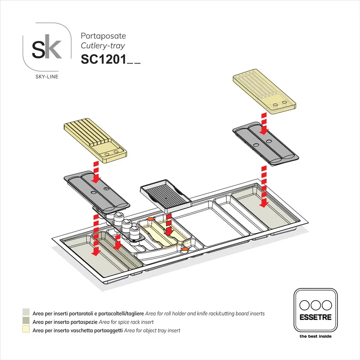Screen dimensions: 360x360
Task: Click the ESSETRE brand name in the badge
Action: (x=315, y=317)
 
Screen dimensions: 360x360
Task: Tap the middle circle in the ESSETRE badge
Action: (x=315, y=304)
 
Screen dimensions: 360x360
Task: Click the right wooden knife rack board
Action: (x=264, y=93)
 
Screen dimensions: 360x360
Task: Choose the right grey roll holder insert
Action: (x=265, y=143)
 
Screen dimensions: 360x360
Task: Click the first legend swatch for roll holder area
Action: (x=26, y=313)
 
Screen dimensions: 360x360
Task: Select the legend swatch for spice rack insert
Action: (x=26, y=322)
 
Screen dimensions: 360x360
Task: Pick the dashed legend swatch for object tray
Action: (x=26, y=330)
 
